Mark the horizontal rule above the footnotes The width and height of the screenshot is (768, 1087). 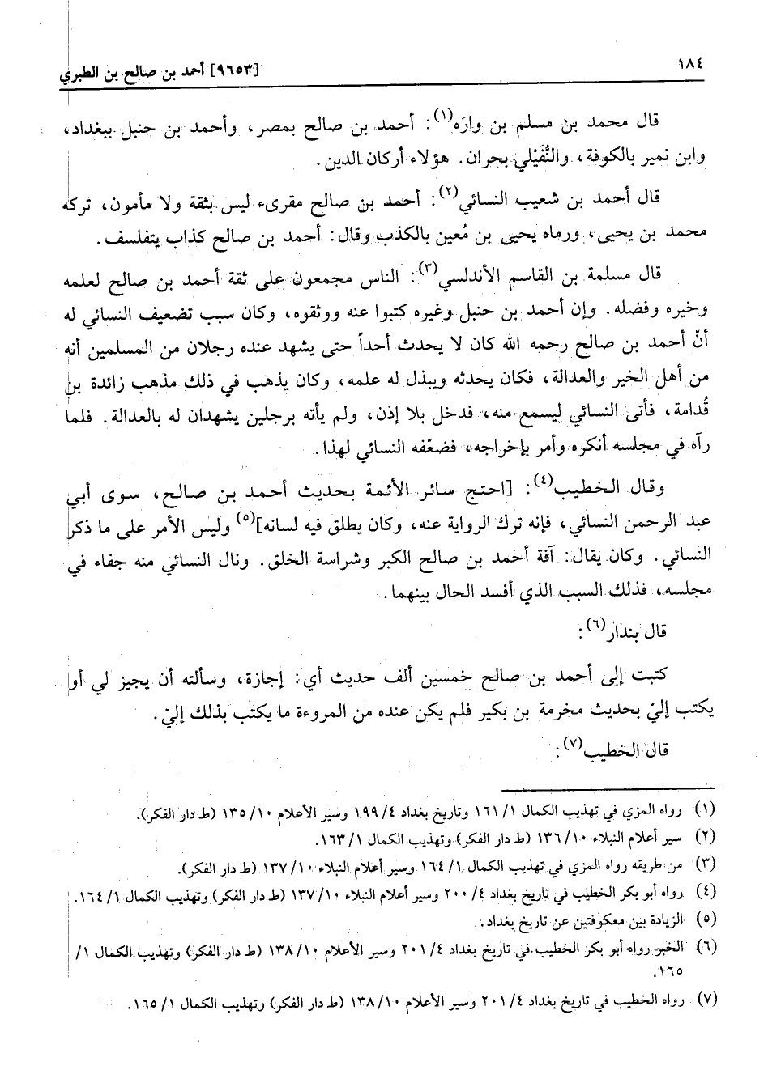608,787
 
